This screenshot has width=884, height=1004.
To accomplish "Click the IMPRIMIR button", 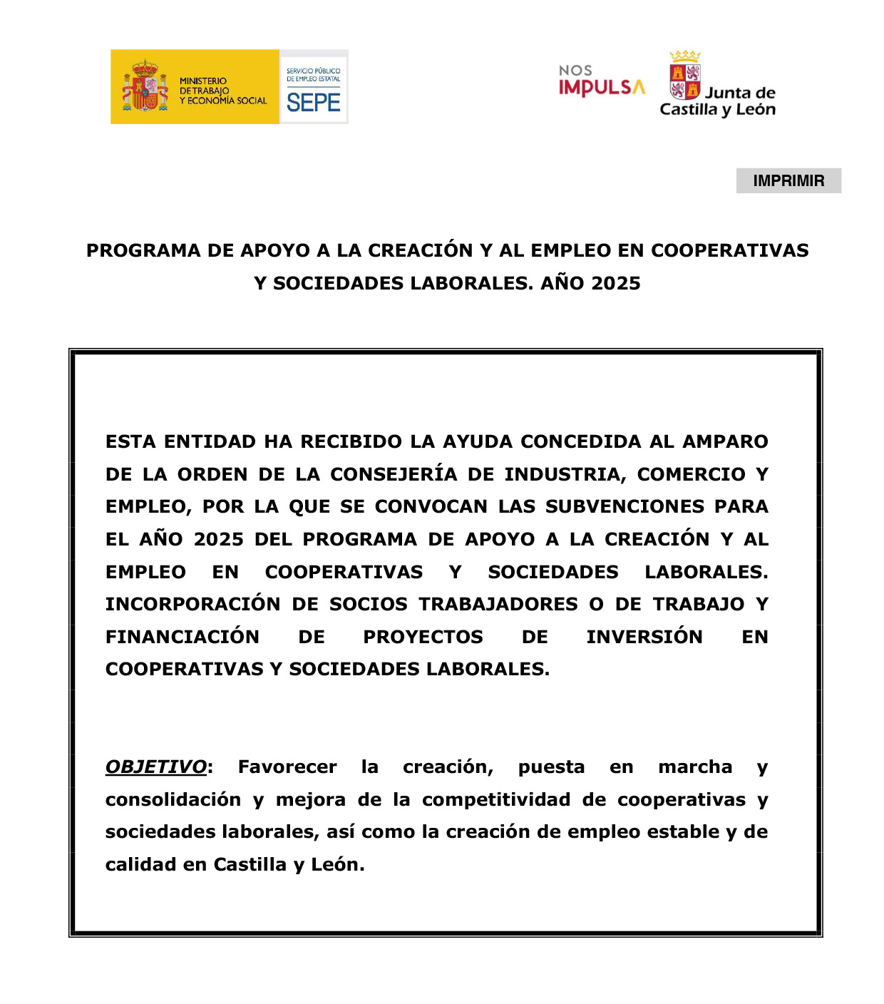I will pos(788,181).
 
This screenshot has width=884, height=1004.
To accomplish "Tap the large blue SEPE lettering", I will pos(314,103).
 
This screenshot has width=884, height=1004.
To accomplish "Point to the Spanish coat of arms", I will pos(145,86).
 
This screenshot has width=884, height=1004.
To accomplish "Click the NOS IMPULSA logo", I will pos(602,81).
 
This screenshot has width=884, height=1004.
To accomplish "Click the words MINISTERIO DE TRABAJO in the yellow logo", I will pos(204,86).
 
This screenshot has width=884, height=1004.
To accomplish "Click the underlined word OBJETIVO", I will pos(156,767).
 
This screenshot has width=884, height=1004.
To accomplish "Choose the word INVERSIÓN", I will pos(644,637).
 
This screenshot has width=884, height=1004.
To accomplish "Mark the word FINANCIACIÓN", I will pos(183,637).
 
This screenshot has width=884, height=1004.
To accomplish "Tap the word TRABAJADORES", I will pos(498,605).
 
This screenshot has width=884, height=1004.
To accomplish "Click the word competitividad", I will pos(495,800).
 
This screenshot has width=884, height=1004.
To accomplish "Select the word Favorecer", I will pos(287,767).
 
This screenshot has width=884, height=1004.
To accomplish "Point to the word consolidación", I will pos(173,800).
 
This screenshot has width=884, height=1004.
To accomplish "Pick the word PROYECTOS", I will pos(423,637).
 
